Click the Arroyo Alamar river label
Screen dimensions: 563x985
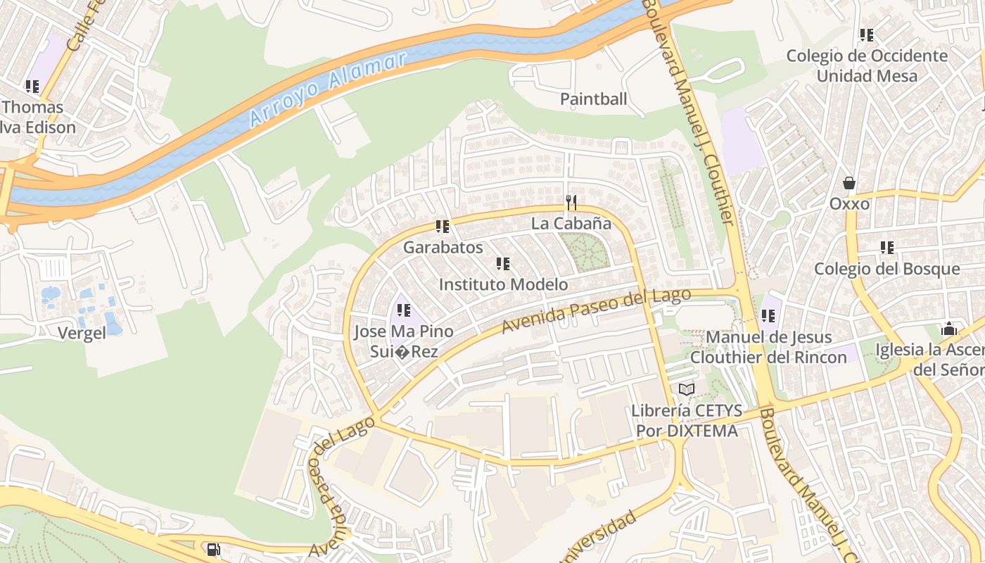click(x=328, y=89)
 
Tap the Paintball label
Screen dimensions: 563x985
click(x=593, y=99)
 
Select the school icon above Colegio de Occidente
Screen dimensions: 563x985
click(x=867, y=34)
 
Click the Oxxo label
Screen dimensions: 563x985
click(x=849, y=204)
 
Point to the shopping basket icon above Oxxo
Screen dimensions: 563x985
click(x=849, y=183)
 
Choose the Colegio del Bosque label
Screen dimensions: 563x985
click(x=887, y=269)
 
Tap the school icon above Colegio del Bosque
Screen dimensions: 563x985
click(x=887, y=248)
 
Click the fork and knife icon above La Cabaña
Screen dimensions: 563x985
click(x=571, y=203)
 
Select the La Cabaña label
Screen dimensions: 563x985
click(x=571, y=224)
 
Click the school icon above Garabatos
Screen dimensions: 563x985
click(x=443, y=227)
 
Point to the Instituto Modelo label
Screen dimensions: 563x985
click(x=503, y=285)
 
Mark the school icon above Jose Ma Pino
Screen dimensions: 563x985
click(x=404, y=310)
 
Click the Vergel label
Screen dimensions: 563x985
click(x=83, y=334)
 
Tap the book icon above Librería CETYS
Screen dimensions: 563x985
click(x=686, y=389)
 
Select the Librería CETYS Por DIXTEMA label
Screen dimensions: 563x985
click(x=685, y=420)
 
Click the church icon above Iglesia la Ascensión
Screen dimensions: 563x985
click(x=949, y=329)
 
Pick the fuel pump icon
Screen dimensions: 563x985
click(x=213, y=550)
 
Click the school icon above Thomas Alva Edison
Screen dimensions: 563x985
click(x=32, y=87)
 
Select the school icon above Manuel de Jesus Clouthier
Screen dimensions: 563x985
click(x=768, y=317)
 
